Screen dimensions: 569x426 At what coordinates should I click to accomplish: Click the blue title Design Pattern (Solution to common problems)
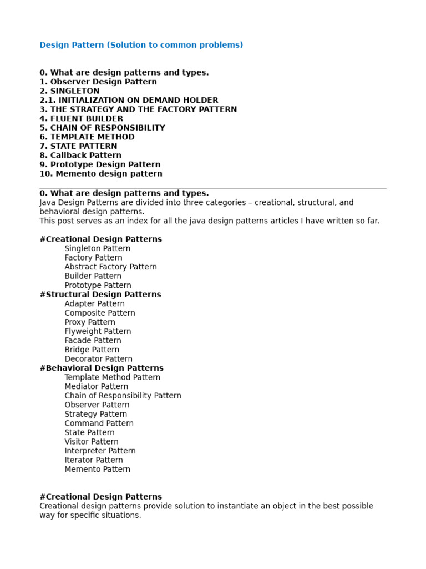pyautogui.click(x=141, y=45)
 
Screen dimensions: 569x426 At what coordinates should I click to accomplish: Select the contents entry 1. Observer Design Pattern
pyautogui.click(x=98, y=82)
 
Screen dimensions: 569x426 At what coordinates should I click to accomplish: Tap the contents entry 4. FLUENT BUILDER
pyautogui.click(x=82, y=118)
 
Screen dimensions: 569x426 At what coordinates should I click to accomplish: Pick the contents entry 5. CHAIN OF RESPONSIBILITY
pyautogui.click(x=102, y=128)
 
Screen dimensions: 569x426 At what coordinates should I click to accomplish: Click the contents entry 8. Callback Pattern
pyautogui.click(x=80, y=156)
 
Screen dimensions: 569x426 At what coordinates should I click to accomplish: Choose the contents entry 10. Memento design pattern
pyautogui.click(x=101, y=174)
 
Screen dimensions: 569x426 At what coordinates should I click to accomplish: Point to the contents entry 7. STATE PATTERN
pyautogui.click(x=78, y=146)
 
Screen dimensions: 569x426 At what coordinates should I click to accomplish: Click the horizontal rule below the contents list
pyautogui.click(x=213, y=188)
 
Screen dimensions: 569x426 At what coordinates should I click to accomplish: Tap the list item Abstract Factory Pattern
pyautogui.click(x=110, y=267)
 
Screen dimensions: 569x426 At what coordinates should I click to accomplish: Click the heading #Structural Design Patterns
pyautogui.click(x=100, y=295)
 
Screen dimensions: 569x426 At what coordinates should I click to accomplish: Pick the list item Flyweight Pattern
pyautogui.click(x=98, y=331)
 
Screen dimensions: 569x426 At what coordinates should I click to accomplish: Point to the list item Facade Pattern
pyautogui.click(x=93, y=341)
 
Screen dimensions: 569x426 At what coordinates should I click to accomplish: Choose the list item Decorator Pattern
pyautogui.click(x=98, y=359)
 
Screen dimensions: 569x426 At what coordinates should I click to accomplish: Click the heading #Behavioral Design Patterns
pyautogui.click(x=102, y=368)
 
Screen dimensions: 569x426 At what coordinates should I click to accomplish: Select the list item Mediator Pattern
pyautogui.click(x=96, y=386)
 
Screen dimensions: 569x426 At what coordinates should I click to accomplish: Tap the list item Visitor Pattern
pyautogui.click(x=91, y=442)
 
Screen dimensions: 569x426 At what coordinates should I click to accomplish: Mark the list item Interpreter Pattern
pyautogui.click(x=100, y=451)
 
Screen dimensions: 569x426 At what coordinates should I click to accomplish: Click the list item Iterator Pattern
pyautogui.click(x=93, y=460)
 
